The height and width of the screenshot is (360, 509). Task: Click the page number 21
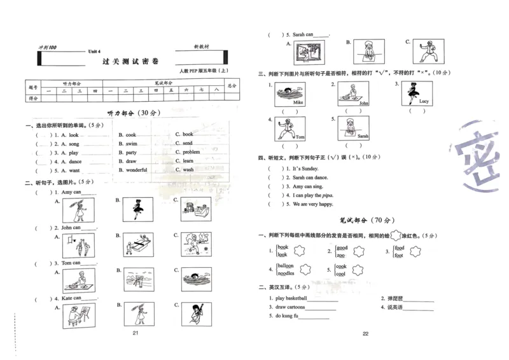coord(135,333)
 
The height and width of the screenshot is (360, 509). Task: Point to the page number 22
coord(365,333)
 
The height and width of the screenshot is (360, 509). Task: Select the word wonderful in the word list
coord(137,170)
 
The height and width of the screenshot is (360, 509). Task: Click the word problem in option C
coord(191,153)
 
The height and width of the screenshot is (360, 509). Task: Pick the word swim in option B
coord(131,144)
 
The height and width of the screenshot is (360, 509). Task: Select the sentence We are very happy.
coord(312,204)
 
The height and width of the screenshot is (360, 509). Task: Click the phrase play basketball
coord(291,298)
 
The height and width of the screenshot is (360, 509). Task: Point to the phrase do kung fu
coord(286,315)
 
